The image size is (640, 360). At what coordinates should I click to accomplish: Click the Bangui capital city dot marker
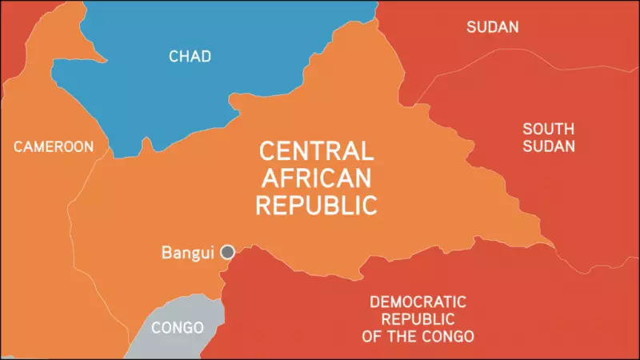(x=228, y=252)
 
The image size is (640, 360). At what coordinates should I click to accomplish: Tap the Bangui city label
(x=188, y=253)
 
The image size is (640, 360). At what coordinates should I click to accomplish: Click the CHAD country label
(x=190, y=56)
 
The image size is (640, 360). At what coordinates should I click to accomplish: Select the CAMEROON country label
(x=54, y=146)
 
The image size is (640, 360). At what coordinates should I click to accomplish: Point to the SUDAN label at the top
(x=492, y=27)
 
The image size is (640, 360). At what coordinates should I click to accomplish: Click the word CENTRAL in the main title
(x=316, y=151)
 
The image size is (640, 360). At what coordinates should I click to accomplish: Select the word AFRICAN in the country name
(x=316, y=178)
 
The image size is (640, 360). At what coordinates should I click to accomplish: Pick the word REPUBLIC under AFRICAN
(x=316, y=205)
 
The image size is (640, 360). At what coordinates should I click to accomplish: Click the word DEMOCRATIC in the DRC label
(x=418, y=302)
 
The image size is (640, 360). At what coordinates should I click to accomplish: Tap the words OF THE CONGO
(x=418, y=335)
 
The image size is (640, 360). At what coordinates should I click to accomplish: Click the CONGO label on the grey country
(x=177, y=328)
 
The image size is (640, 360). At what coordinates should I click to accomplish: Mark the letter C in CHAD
(x=174, y=56)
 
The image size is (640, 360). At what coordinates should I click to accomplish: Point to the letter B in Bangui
(x=166, y=253)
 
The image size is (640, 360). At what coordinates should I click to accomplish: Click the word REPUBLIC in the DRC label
(x=418, y=318)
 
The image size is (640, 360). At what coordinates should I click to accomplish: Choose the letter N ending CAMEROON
(x=89, y=146)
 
